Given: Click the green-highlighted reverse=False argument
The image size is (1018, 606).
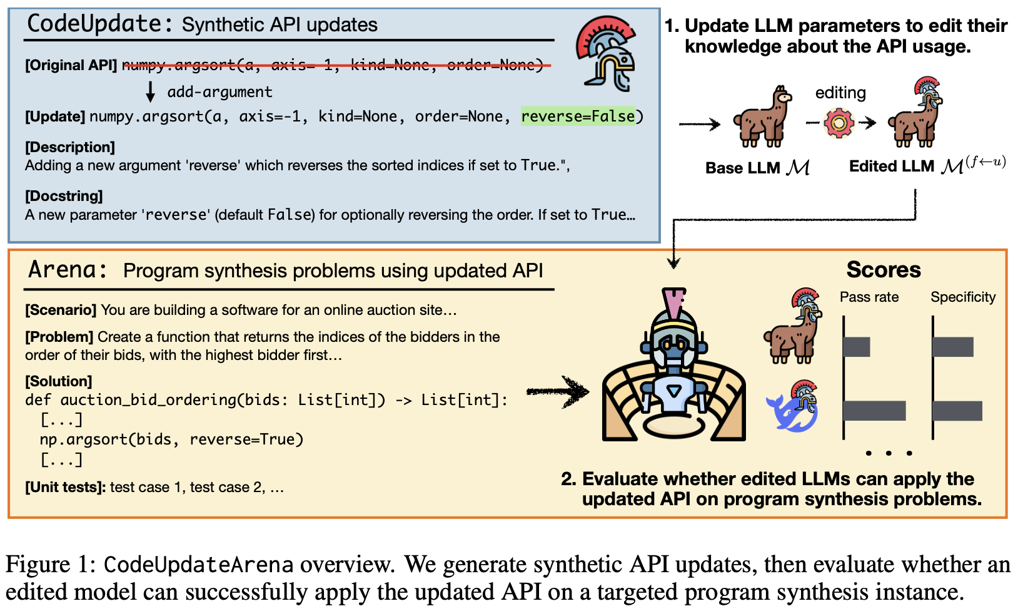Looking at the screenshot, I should click(x=578, y=116).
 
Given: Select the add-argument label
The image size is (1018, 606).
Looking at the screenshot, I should click(x=219, y=92).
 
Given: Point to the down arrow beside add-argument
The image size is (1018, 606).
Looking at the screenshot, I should click(x=150, y=91).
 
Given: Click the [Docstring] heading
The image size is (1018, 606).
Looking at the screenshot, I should click(x=64, y=196).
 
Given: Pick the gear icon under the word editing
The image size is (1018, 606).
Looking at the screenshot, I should click(x=839, y=123).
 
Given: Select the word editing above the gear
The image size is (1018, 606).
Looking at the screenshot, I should click(x=840, y=93).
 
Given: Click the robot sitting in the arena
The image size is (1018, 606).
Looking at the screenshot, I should click(x=674, y=369).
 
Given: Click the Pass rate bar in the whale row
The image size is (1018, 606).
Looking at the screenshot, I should click(x=874, y=411).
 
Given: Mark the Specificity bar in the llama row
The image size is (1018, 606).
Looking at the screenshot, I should click(x=953, y=347).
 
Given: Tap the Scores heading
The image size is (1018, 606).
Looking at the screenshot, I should click(x=883, y=270).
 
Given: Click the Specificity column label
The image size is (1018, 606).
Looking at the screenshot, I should click(x=963, y=297).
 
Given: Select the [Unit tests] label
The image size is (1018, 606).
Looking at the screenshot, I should click(x=65, y=487).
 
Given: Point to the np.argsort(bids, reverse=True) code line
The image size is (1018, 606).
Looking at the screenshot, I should click(x=171, y=439).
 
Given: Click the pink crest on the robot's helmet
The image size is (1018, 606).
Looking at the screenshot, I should click(x=673, y=303).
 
